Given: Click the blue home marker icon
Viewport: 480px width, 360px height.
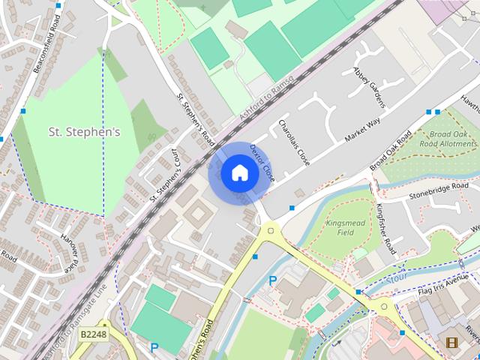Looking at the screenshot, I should (239, 173).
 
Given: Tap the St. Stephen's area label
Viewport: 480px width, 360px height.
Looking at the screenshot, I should (84, 132).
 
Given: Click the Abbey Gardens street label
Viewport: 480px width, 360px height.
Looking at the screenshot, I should (368, 86).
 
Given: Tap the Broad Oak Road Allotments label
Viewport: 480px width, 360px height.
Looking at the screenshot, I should (448, 138).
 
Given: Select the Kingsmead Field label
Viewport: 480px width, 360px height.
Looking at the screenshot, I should (351, 228).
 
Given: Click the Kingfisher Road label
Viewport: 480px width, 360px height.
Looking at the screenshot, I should (386, 228).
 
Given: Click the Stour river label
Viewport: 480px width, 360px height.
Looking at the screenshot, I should (397, 278).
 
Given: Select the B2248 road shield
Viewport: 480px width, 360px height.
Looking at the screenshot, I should (94, 333).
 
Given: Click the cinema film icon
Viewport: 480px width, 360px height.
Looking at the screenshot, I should (451, 343).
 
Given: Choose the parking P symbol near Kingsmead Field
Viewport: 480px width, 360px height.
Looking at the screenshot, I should (272, 280).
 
